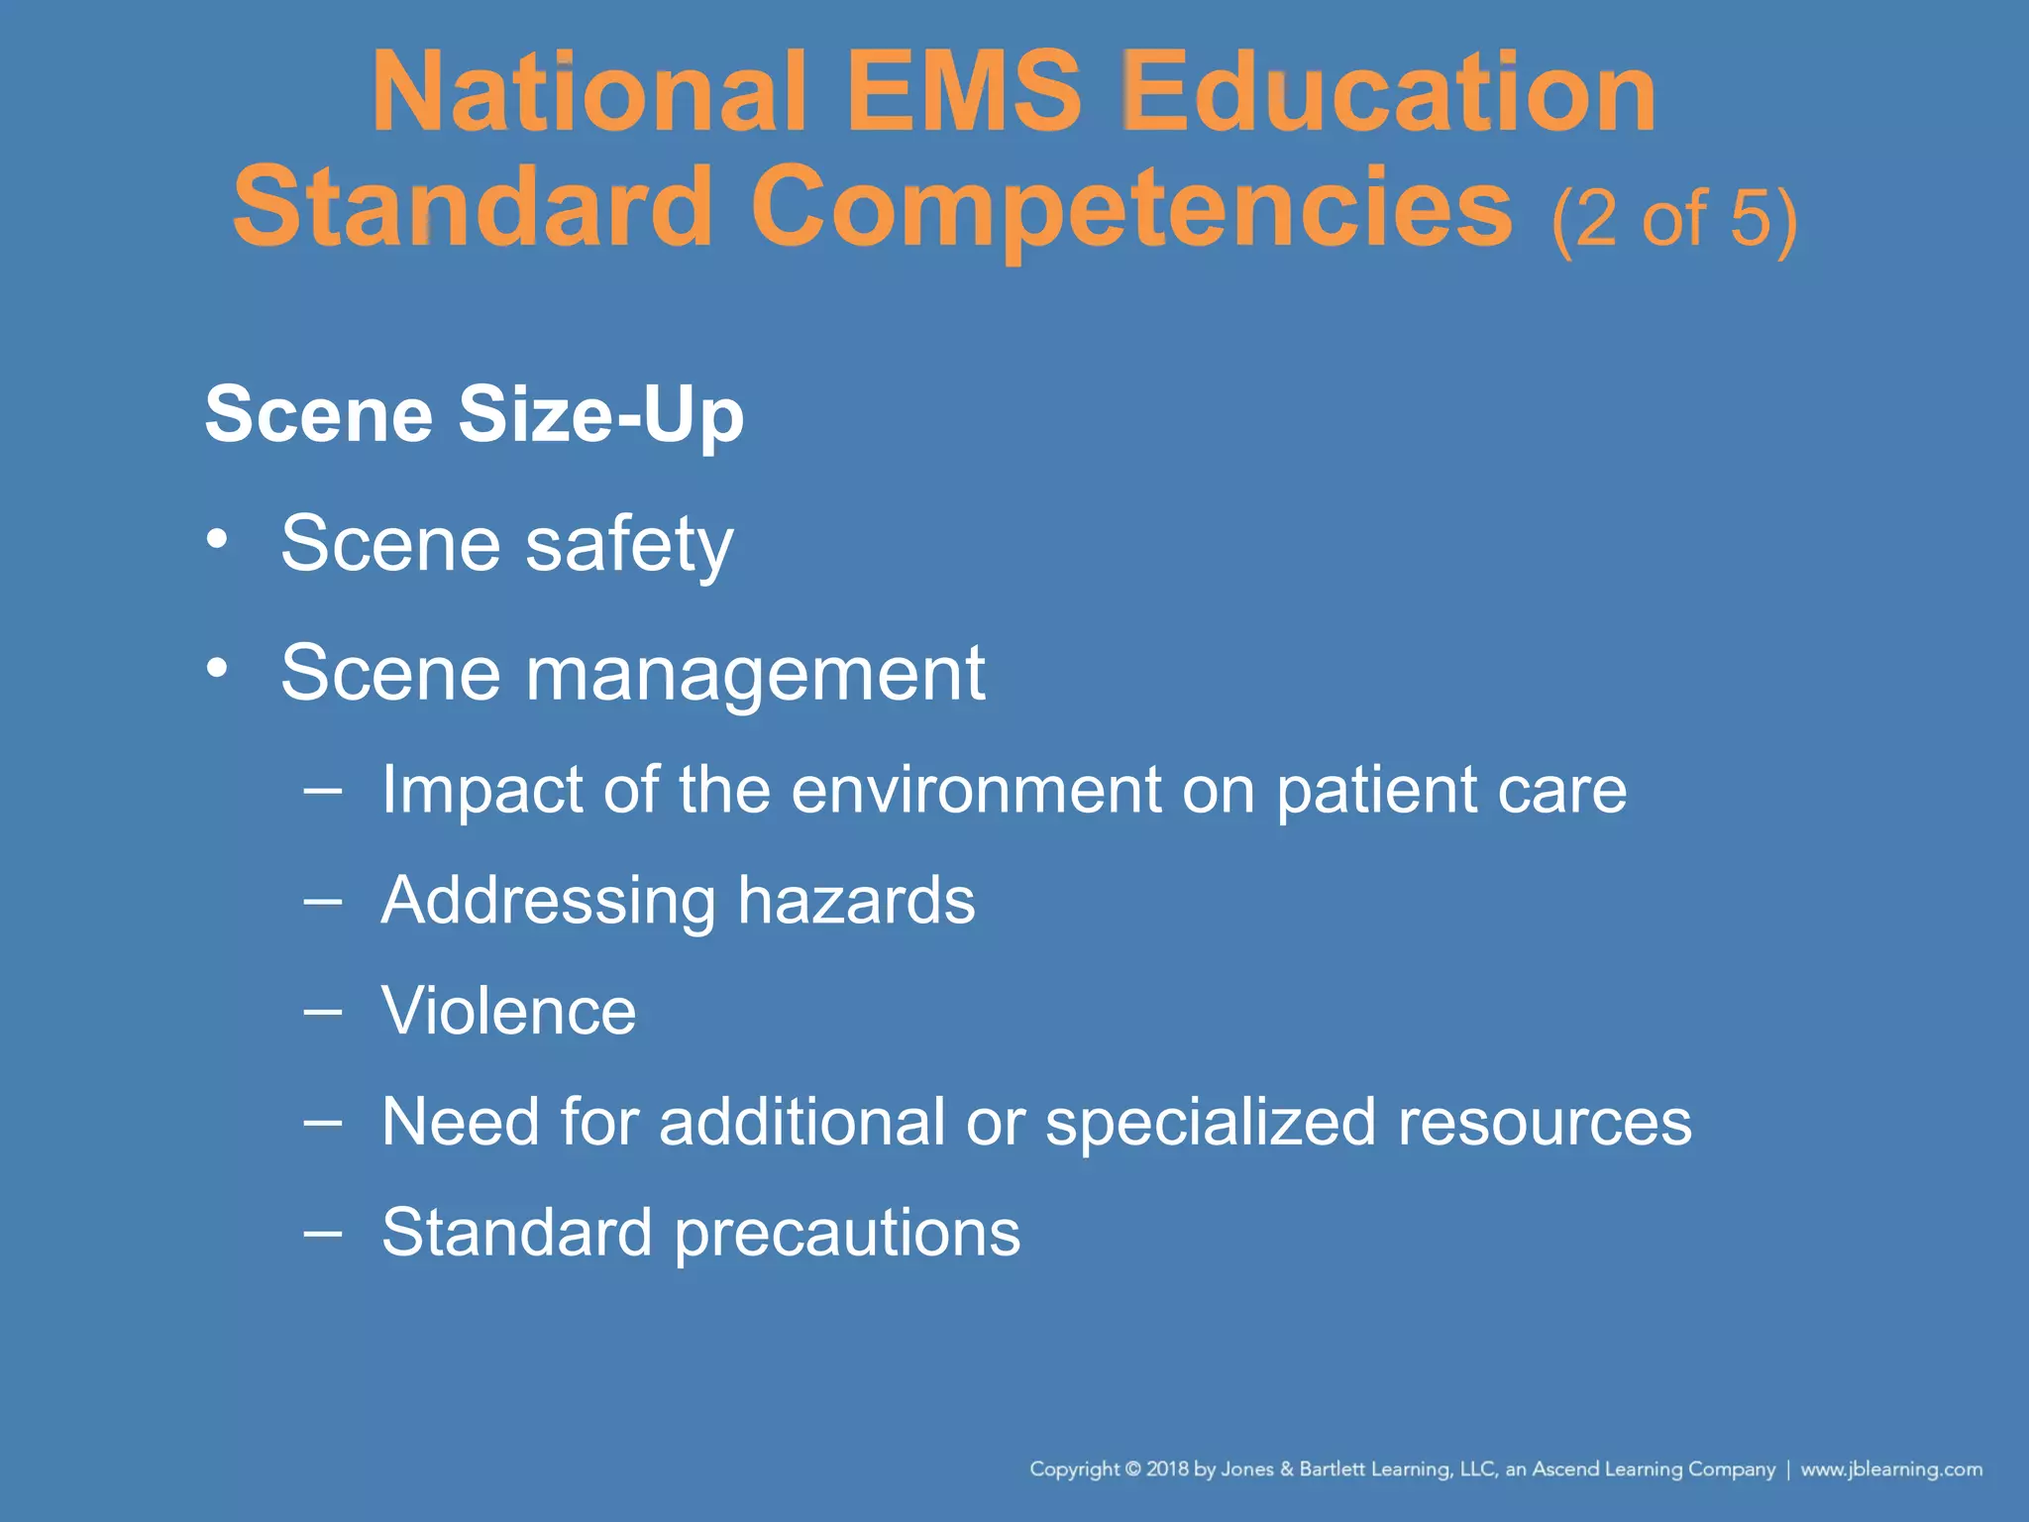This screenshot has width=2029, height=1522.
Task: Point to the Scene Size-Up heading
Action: (474, 414)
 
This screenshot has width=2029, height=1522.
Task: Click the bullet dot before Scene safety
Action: (218, 540)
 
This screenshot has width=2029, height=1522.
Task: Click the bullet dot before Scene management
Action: (218, 669)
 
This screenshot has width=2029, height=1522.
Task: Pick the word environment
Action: (975, 791)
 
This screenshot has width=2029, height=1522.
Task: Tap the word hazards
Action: (856, 901)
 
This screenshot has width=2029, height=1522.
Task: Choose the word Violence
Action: (508, 1012)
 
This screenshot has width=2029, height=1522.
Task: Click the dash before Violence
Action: (323, 1012)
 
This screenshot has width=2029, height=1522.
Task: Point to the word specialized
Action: (1211, 1124)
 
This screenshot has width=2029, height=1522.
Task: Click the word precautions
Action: (847, 1235)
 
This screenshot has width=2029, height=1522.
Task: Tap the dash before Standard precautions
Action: (323, 1233)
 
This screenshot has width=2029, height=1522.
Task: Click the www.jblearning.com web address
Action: (1891, 1469)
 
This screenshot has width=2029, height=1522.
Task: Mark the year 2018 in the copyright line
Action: (1166, 1469)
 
